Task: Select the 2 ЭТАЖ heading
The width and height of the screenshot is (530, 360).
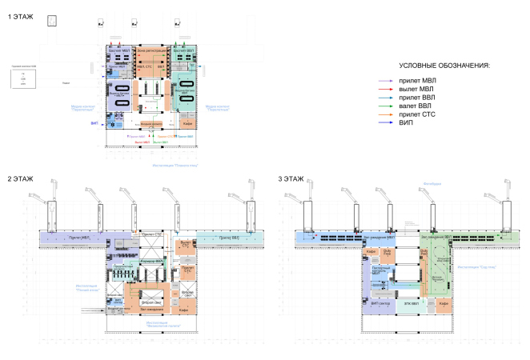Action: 21,178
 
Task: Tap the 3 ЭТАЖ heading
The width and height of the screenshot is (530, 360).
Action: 291,178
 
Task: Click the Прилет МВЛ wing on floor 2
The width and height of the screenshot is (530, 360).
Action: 78,238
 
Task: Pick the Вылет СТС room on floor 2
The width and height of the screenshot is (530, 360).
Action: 186,244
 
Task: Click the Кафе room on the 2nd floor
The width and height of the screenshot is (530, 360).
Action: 183,310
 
